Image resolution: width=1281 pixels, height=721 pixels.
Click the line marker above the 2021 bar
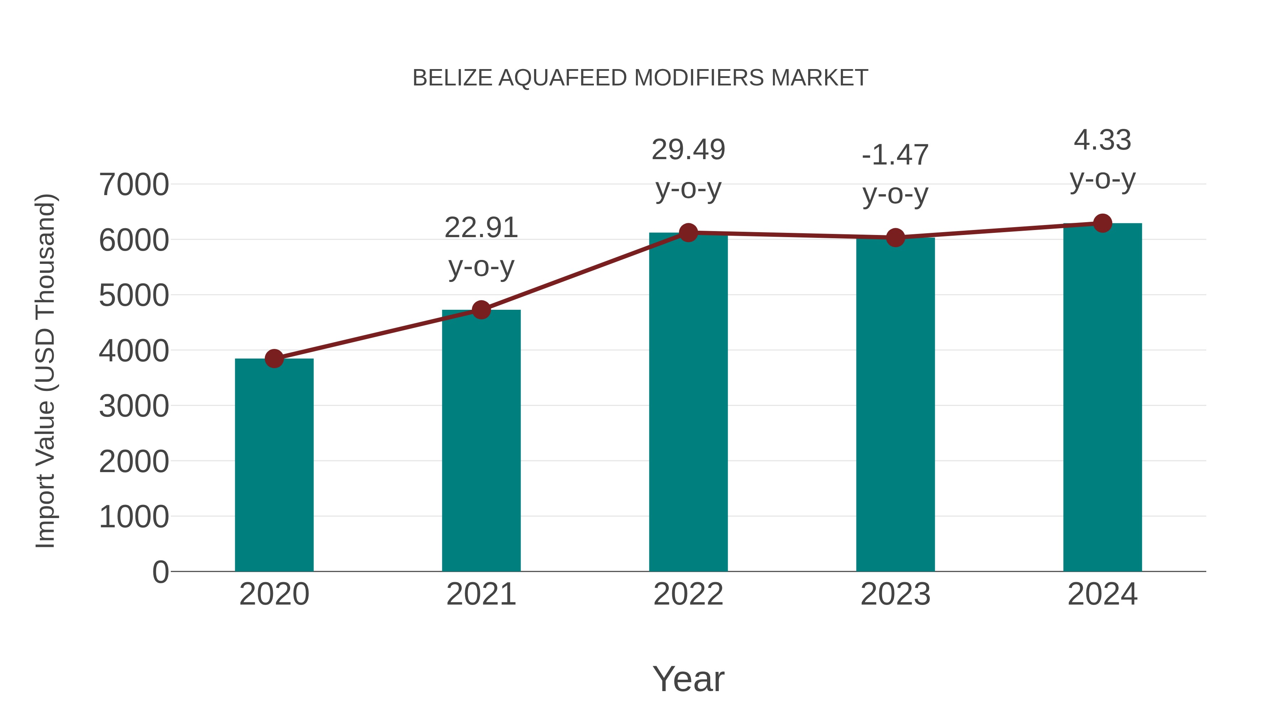(481, 310)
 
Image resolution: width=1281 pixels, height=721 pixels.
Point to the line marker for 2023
(895, 238)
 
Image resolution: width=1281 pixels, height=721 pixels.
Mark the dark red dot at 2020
(274, 358)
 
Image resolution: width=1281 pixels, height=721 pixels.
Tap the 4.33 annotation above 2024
(1102, 140)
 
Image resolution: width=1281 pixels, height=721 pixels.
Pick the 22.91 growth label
(481, 228)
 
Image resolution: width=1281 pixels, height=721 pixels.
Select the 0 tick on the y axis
(160, 572)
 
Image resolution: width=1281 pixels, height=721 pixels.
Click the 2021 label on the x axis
(481, 594)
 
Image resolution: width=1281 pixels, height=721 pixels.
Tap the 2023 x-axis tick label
(895, 594)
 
